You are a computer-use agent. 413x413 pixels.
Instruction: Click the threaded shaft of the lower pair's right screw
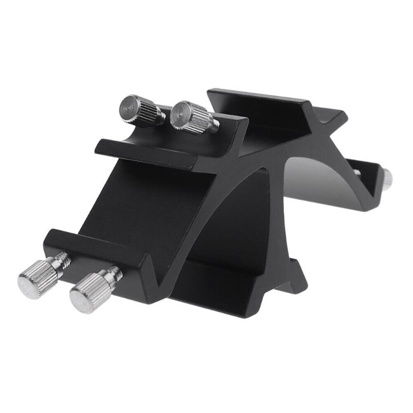click(113, 273)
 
